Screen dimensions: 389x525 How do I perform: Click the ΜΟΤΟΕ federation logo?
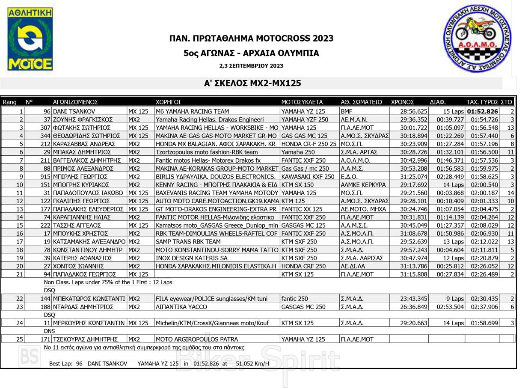click(x=30, y=39)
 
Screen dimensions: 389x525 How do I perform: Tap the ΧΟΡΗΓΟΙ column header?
click(x=168, y=102)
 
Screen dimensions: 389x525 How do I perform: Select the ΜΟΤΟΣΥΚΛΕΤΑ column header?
click(x=302, y=102)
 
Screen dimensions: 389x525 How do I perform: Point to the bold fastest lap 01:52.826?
click(x=482, y=111)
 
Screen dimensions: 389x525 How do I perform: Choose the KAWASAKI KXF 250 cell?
click(x=308, y=176)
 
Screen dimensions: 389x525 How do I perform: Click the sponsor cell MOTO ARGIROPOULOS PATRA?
click(x=197, y=339)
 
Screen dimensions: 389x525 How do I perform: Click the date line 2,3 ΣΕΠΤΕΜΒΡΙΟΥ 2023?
click(x=251, y=66)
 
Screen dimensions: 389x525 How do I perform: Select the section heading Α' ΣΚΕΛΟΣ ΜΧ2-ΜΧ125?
click(x=252, y=83)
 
